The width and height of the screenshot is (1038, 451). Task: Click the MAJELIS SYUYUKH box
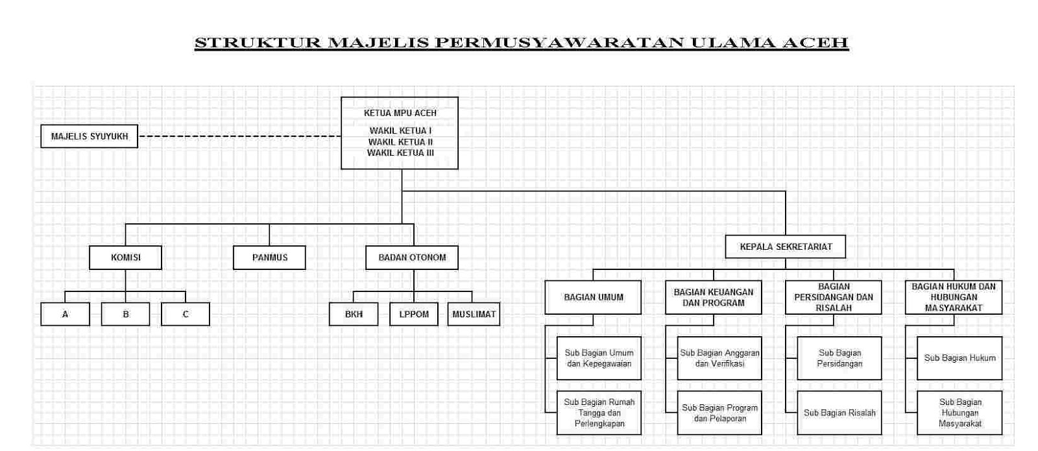(90, 136)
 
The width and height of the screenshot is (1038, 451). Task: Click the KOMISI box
(126, 258)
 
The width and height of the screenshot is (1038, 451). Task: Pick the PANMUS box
(269, 258)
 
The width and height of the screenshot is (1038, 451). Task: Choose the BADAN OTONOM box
(412, 258)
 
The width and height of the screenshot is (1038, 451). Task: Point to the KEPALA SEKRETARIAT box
(786, 247)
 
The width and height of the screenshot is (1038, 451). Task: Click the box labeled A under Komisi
(65, 314)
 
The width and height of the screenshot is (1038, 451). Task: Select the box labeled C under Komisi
(186, 314)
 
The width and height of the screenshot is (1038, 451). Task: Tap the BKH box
(354, 314)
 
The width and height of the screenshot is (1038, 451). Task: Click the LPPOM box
(414, 314)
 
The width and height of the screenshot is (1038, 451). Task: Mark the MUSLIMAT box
(474, 314)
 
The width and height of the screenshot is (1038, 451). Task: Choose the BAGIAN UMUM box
(593, 297)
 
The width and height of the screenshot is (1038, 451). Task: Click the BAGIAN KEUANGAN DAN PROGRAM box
(714, 297)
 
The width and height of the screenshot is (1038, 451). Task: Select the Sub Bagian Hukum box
(960, 358)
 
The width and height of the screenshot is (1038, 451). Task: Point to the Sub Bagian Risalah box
(839, 413)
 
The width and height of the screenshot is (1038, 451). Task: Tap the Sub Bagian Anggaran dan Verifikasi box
(719, 358)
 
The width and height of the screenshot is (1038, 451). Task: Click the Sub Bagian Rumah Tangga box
(599, 413)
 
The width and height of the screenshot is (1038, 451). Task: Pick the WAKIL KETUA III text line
(400, 153)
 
